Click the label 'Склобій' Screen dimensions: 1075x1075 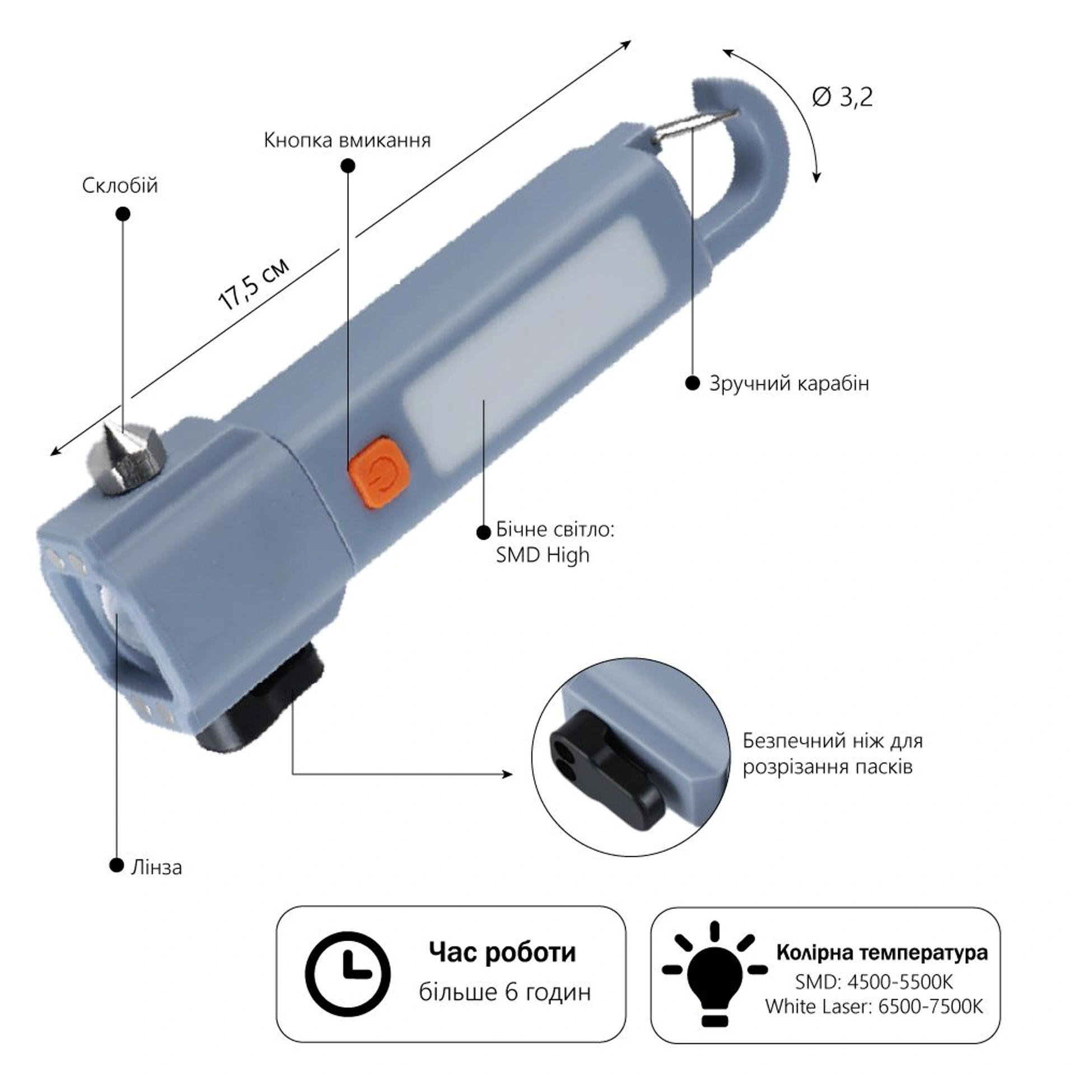(120, 185)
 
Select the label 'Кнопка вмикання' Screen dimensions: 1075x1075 (347, 140)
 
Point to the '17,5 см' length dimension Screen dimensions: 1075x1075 (254, 284)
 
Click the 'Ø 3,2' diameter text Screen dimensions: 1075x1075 (842, 97)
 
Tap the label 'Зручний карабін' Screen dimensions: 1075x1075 (789, 384)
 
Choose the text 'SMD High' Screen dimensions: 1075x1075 (543, 555)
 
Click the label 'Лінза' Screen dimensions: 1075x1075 (156, 867)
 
